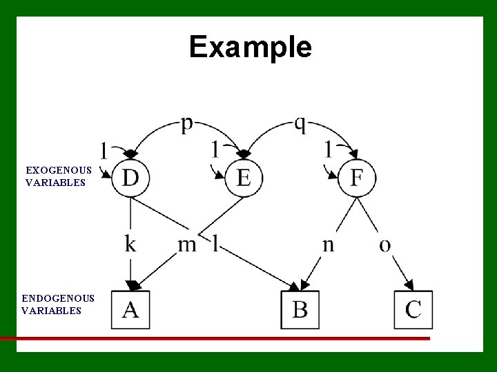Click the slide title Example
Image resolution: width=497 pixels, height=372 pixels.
point(250,47)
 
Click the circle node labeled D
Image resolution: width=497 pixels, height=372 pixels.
point(130,178)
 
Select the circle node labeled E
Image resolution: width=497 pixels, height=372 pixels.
point(244,178)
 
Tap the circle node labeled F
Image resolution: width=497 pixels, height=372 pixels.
point(357,178)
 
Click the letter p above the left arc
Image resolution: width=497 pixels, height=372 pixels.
point(187,125)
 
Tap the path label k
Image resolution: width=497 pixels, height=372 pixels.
point(130,244)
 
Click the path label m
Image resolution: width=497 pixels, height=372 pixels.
point(187,245)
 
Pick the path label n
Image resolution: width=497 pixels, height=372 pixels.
point(329,245)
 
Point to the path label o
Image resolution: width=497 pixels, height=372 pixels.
point(385,245)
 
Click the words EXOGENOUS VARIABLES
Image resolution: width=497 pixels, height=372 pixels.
point(58,176)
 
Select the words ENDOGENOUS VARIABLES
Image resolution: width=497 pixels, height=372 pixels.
point(58,304)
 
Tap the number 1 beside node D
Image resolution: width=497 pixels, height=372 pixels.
point(104,150)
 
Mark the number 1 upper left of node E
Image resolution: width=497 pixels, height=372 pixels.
point(216,148)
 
